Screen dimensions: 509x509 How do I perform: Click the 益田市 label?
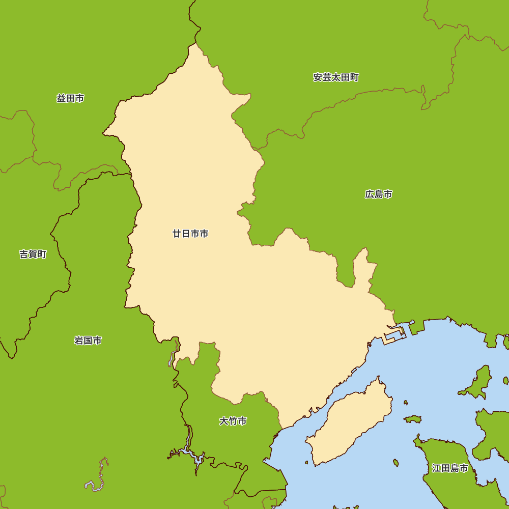pyautogui.click(x=70, y=98)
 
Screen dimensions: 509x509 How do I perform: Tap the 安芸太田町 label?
pyautogui.click(x=336, y=77)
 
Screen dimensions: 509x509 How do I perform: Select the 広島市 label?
pyautogui.click(x=379, y=194)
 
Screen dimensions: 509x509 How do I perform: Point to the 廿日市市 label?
pyautogui.click(x=190, y=234)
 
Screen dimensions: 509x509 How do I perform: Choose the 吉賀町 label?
pyautogui.click(x=33, y=254)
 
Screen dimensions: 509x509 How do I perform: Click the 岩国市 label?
pyautogui.click(x=88, y=341)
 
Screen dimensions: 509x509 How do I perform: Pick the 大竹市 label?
pyautogui.click(x=233, y=421)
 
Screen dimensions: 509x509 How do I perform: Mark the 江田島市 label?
pyautogui.click(x=450, y=468)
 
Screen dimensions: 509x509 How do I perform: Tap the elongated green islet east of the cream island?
pyautogui.click(x=413, y=419)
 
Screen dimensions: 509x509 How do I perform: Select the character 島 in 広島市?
pyautogui.click(x=379, y=194)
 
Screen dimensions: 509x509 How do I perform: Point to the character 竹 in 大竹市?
pyautogui.click(x=233, y=421)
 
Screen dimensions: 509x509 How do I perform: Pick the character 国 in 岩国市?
pyautogui.click(x=88, y=341)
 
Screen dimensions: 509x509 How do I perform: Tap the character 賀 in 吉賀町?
pyautogui.click(x=33, y=254)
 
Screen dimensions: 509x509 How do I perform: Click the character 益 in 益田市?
pyautogui.click(x=61, y=98)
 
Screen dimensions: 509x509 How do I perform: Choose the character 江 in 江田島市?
pyautogui.click(x=436, y=468)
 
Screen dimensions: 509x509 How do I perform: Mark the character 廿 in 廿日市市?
pyautogui.click(x=177, y=234)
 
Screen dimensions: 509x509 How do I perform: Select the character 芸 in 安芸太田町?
pyautogui.click(x=327, y=77)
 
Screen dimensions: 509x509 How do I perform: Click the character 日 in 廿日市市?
pyautogui.click(x=186, y=234)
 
